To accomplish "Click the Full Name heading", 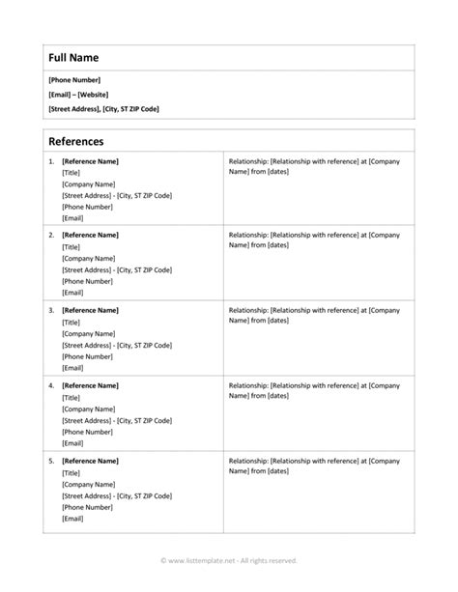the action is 73,58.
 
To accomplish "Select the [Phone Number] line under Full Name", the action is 74,79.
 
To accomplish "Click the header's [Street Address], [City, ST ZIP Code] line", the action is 103,109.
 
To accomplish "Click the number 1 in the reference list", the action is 50,160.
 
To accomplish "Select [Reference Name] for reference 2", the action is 90,235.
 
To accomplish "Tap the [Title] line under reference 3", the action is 72,323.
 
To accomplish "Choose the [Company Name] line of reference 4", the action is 88,409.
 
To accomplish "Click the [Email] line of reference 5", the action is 72,519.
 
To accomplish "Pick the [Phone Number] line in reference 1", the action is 85,207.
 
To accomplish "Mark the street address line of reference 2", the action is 117,269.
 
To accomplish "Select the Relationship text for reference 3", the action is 313,316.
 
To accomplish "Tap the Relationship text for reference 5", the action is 313,466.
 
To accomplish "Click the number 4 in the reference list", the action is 50,385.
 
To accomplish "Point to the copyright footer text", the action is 228,560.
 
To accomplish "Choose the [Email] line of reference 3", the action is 72,368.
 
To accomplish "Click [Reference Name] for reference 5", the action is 90,462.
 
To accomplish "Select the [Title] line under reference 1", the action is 72,172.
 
